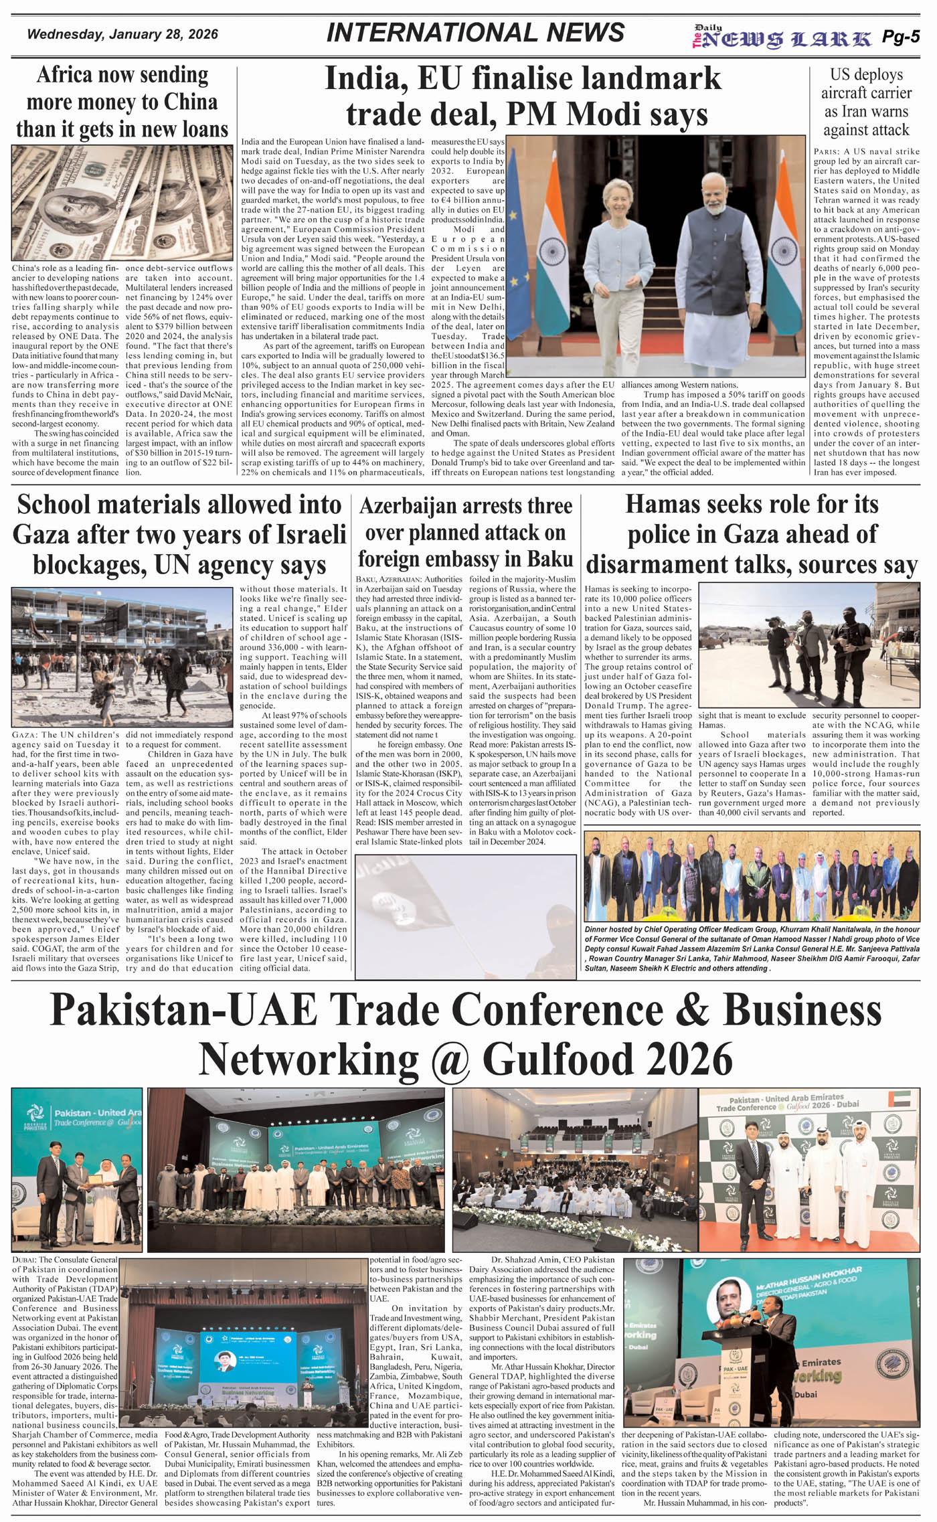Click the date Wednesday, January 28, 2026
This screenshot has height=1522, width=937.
click(x=122, y=35)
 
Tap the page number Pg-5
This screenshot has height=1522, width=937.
click(x=900, y=37)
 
